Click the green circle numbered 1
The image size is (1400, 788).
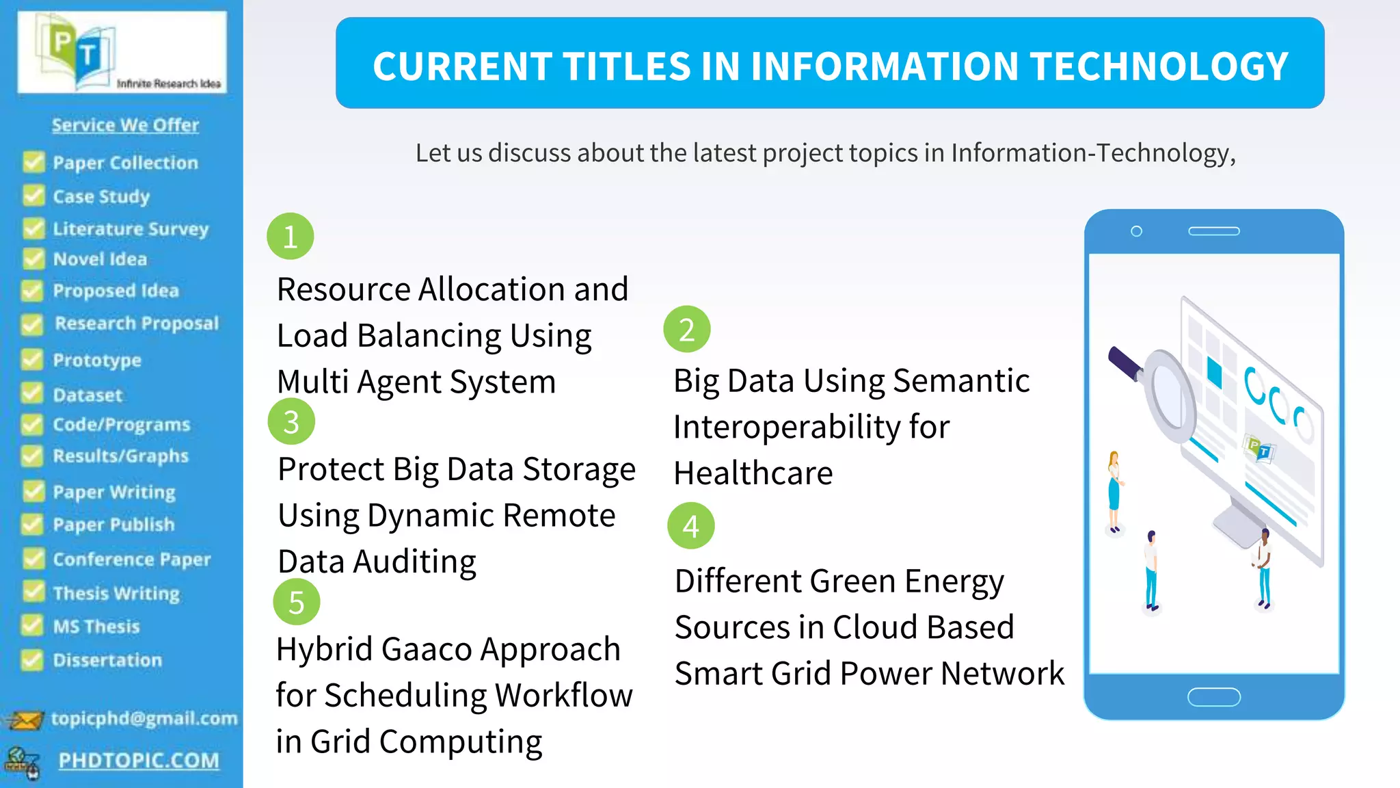click(290, 237)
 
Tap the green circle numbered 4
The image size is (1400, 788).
click(690, 526)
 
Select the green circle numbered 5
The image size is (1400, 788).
click(296, 602)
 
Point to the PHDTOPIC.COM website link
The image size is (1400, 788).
click(139, 760)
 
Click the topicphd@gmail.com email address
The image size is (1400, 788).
click(144, 718)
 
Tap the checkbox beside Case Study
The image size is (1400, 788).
click(33, 196)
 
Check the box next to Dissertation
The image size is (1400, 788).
click(31, 659)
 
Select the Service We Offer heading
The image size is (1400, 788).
click(125, 125)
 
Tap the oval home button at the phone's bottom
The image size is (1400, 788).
click(1213, 697)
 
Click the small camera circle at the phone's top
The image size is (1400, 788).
click(1136, 231)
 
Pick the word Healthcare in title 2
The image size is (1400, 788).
click(753, 473)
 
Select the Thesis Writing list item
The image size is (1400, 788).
click(116, 593)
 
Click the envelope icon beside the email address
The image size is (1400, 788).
click(25, 720)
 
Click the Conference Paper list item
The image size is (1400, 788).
click(131, 560)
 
